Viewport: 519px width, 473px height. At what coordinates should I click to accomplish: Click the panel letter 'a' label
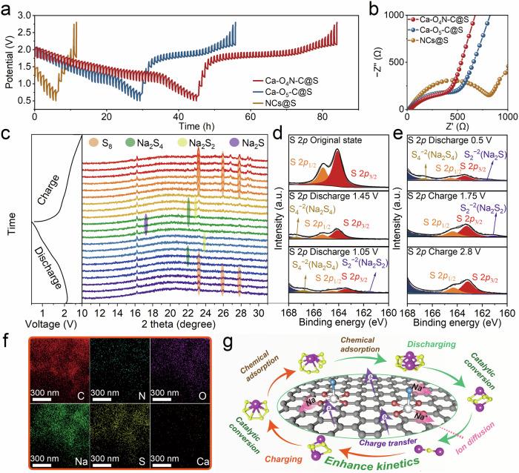coord(6,7)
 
